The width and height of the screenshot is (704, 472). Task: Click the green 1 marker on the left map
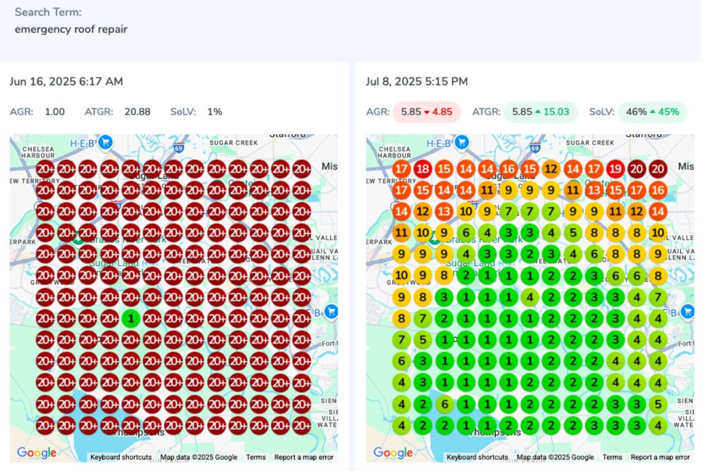coord(131,319)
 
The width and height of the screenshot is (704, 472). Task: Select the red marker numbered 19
coord(615,169)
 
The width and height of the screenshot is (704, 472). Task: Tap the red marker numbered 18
coord(423,169)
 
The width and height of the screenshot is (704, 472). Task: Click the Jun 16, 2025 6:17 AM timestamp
coord(66,82)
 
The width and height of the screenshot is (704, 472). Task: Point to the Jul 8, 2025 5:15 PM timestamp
coord(417,82)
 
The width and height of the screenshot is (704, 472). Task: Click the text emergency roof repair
coord(71,29)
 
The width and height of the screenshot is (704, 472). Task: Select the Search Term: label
coord(48,12)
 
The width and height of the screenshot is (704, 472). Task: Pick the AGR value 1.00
coord(55,112)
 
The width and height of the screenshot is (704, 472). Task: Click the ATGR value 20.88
coord(137,112)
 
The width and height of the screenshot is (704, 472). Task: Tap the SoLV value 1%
coord(215,112)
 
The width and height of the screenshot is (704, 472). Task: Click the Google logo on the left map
coord(37,453)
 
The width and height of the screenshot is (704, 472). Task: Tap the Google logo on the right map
coord(393,453)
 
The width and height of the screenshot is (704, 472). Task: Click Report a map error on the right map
coord(660,457)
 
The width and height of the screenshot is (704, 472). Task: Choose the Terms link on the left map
coord(256,457)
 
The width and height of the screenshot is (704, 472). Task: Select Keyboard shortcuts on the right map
coord(477,457)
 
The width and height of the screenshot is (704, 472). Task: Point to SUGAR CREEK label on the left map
coord(233,143)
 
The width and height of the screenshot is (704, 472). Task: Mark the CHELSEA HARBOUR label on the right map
coord(395,152)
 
